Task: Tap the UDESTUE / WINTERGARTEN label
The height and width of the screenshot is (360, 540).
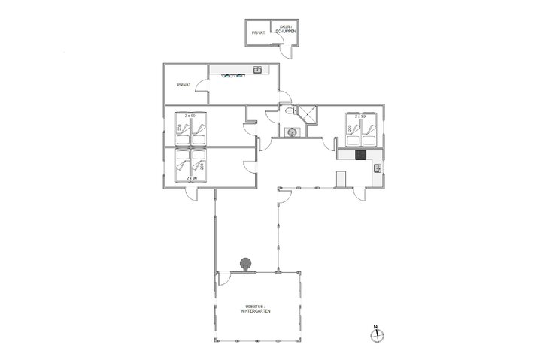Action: (x=257, y=308)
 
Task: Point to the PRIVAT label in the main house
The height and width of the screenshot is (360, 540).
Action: (x=184, y=85)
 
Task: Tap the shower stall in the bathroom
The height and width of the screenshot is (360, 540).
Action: (x=307, y=114)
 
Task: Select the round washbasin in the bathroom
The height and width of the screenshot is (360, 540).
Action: (x=292, y=132)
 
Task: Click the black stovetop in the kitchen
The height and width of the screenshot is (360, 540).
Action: (x=361, y=156)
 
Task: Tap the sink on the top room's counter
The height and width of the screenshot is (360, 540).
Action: (x=257, y=70)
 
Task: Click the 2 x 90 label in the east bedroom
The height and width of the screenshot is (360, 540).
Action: (x=359, y=116)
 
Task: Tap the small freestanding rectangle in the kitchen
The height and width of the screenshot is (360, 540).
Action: (x=341, y=180)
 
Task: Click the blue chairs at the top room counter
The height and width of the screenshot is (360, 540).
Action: (x=234, y=74)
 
